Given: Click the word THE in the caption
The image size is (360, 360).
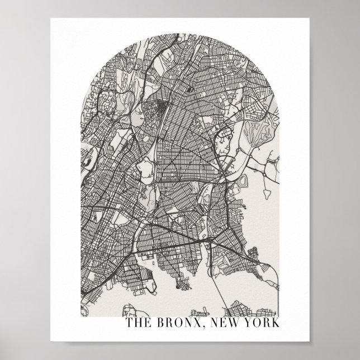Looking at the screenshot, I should click(138, 324).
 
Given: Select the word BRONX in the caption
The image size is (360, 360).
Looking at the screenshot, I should click(178, 324).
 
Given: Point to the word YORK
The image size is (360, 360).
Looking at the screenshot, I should click(262, 324).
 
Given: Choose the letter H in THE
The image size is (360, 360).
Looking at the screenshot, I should click(137, 324).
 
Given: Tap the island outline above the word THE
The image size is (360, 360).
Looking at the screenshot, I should click(132, 306).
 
